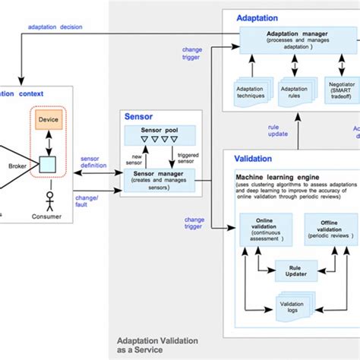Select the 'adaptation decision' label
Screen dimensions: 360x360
click(x=56, y=27)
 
